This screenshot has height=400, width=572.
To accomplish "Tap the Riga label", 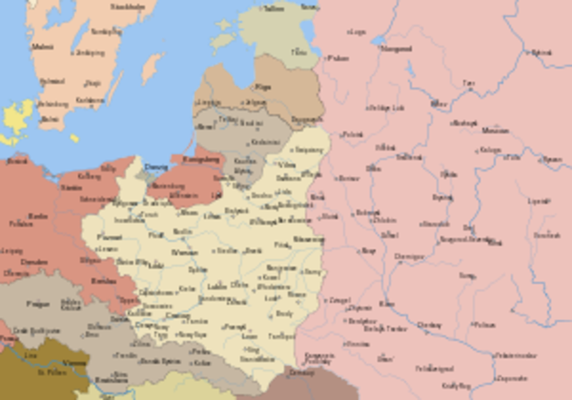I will (x=264, y=87).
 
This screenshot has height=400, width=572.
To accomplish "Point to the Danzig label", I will (x=156, y=166).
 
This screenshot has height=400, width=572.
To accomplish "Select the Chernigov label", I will (x=408, y=256).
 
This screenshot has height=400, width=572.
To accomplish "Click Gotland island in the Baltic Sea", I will (x=153, y=67).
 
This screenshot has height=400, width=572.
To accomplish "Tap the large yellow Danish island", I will (x=18, y=116).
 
